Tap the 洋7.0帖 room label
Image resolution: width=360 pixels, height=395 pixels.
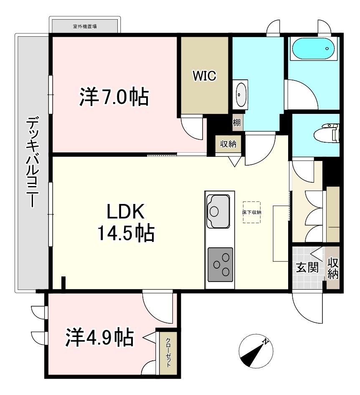pyautogui.click(x=114, y=97)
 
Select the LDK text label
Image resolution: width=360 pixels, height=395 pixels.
pyautogui.click(x=126, y=212)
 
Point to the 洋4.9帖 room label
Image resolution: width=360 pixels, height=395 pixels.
pyautogui.click(x=99, y=337)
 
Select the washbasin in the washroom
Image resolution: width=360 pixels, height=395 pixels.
pyautogui.click(x=241, y=94)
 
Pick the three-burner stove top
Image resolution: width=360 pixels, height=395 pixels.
pyautogui.click(x=220, y=264)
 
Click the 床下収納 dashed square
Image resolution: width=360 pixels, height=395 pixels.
pyautogui.click(x=251, y=212)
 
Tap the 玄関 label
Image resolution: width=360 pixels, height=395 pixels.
pyautogui.click(x=307, y=267)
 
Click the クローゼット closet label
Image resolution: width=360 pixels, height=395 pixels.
pyautogui.click(x=168, y=352)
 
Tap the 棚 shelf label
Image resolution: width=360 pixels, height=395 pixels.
pyautogui.click(x=236, y=123)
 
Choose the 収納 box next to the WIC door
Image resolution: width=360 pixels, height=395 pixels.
pyautogui.click(x=228, y=144)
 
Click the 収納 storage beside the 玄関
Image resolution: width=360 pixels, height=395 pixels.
pyautogui.click(x=333, y=268)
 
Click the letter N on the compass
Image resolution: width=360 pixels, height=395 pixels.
pyautogui.click(x=265, y=342)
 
